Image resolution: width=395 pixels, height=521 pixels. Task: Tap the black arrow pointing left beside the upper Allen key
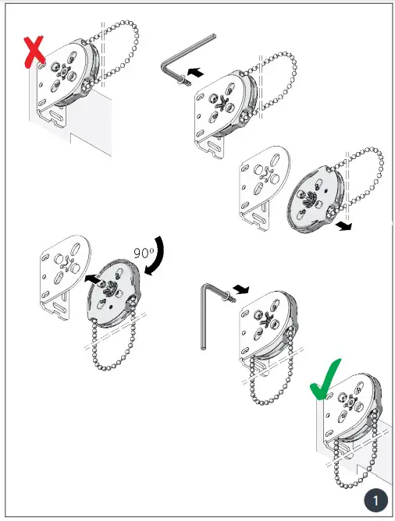199,71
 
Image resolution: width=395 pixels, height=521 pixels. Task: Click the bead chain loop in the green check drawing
358,460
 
